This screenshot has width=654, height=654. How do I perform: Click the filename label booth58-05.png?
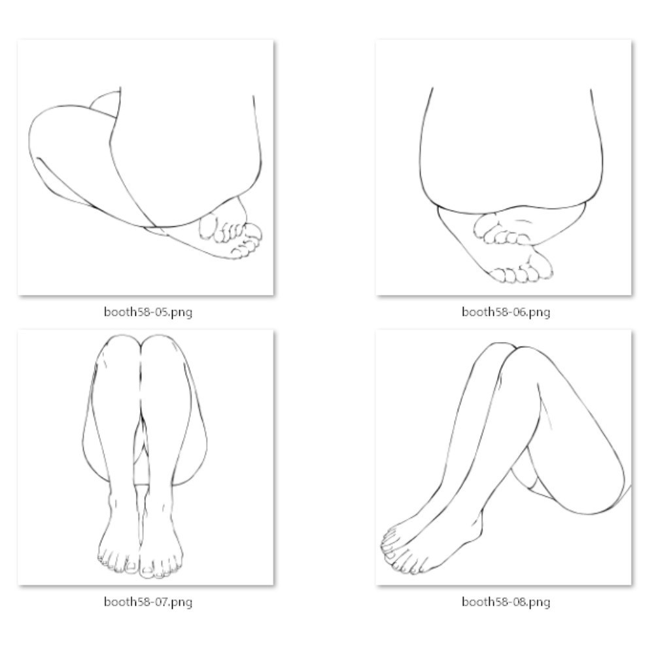point(148,312)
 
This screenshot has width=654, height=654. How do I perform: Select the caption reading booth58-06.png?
point(506,312)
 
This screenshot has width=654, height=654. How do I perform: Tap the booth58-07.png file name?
point(148,602)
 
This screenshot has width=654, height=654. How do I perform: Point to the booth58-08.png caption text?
point(506,602)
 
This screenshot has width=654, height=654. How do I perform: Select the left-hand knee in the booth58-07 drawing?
point(119,349)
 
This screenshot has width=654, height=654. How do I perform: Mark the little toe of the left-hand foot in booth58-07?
point(101,557)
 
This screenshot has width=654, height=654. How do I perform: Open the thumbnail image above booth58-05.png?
point(146,167)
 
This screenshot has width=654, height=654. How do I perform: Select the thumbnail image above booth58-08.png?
point(504,458)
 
